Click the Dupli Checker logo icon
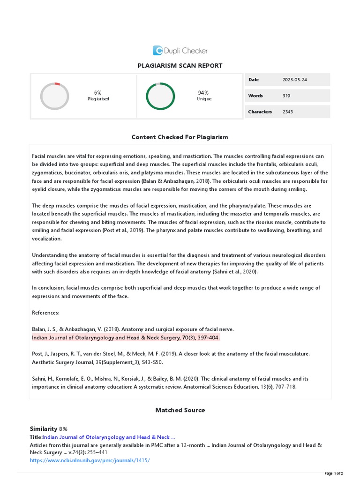point(158,51)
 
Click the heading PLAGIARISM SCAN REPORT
point(180,66)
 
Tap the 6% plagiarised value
point(98,93)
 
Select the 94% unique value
point(203,93)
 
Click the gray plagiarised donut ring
point(54,96)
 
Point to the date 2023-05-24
point(295,80)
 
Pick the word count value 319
point(286,96)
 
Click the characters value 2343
point(288,112)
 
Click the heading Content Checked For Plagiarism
point(180,137)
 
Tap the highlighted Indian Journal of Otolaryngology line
point(126,337)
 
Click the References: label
point(45,313)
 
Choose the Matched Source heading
point(180,410)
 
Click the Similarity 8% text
point(49,429)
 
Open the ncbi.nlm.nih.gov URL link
point(90,460)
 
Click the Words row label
point(255,96)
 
